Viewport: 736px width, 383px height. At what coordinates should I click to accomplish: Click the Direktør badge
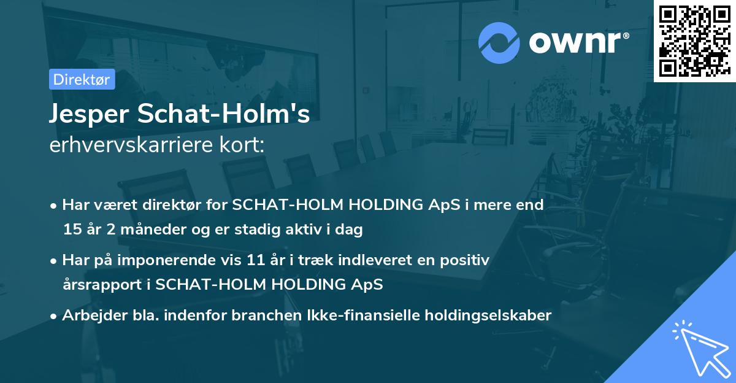pos(82,79)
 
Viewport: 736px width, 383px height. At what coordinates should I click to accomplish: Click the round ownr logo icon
pos(499,42)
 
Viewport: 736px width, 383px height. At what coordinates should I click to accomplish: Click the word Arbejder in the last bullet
pos(89,315)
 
